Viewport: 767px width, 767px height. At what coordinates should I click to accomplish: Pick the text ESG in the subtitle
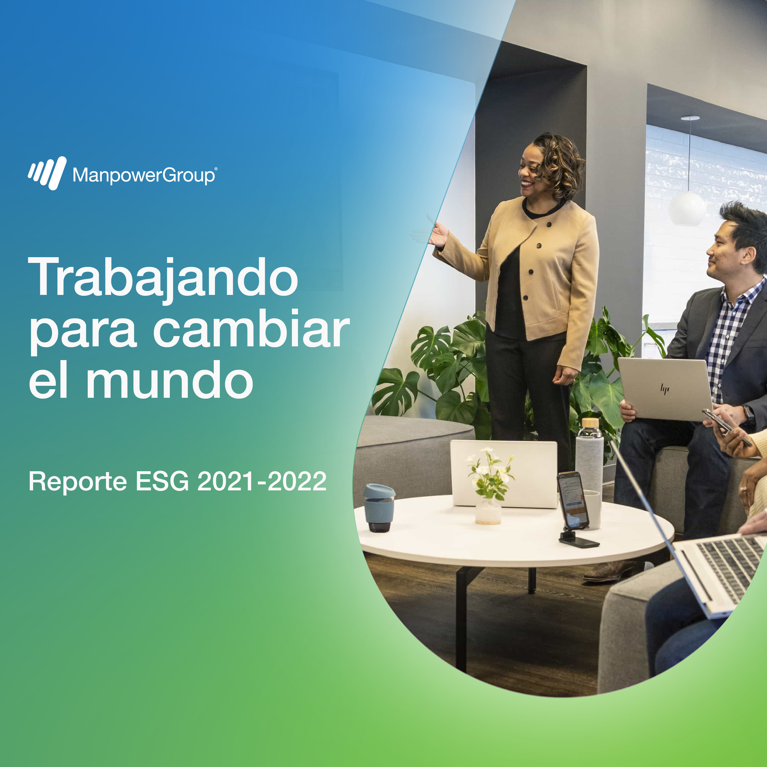[x=162, y=482]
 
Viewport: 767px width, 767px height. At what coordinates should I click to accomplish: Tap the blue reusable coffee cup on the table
[x=379, y=508]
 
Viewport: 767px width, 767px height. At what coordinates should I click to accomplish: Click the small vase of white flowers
[x=490, y=488]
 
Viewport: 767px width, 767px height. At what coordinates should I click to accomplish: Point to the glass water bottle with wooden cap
[x=590, y=457]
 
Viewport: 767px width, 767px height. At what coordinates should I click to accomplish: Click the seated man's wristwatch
[x=748, y=414]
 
